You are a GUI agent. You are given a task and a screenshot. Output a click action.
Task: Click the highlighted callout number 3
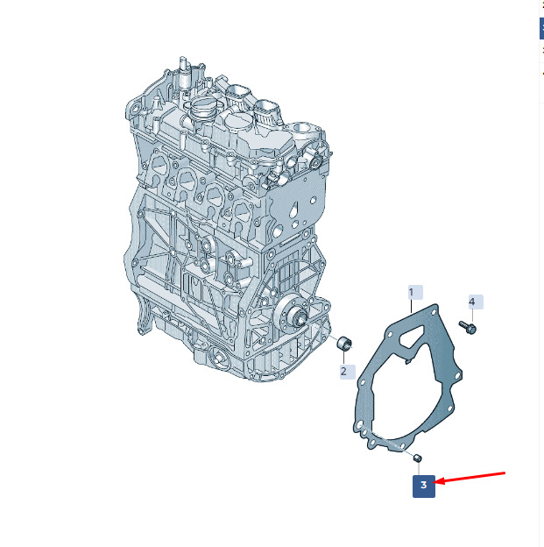tap(424, 486)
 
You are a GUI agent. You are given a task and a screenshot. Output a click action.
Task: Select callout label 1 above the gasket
tap(416, 292)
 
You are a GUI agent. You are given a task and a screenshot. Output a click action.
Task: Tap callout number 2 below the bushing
tap(348, 372)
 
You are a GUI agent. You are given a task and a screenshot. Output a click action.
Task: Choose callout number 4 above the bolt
tap(476, 302)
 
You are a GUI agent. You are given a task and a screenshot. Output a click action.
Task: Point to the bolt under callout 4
tap(468, 327)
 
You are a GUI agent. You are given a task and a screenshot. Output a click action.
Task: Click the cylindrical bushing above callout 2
tap(344, 343)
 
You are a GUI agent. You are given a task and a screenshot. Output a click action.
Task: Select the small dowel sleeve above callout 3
tap(417, 458)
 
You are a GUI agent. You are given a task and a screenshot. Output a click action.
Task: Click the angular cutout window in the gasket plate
tap(413, 337)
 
